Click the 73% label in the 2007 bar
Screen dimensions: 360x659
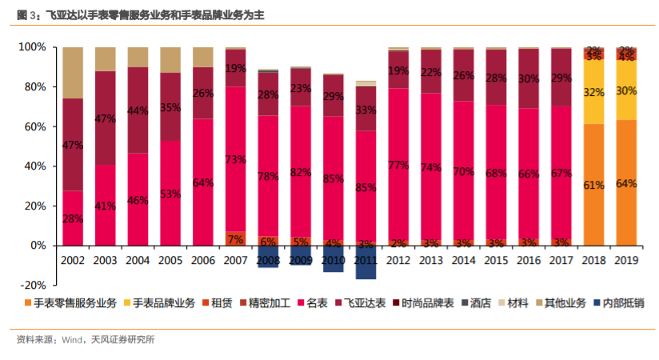pos(235,159)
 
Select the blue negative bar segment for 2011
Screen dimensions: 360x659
pos(365,267)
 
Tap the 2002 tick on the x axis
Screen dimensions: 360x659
pos(73,260)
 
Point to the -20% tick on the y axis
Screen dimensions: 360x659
pos(33,285)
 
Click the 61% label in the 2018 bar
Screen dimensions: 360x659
pos(593,185)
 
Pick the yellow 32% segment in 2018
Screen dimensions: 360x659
pos(593,93)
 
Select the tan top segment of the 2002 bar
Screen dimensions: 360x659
pos(73,73)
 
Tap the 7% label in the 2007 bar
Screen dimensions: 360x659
pos(235,239)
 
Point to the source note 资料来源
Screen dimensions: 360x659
pos(85,340)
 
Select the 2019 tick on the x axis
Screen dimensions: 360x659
pos(626,260)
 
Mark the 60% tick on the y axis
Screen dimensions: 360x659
pos(34,126)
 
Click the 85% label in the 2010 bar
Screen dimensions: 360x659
pos(333,179)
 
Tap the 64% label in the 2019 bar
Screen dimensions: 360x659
pos(626,183)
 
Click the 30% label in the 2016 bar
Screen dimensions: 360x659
pos(528,79)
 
